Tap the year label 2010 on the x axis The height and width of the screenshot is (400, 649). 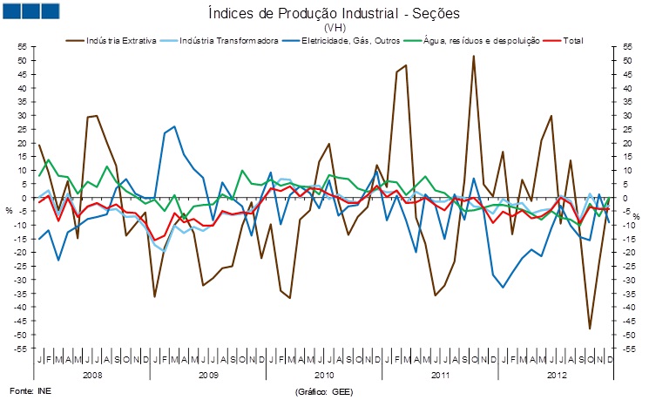[323, 375]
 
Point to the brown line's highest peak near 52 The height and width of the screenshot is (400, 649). [473, 57]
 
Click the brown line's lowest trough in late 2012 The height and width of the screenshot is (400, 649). [589, 329]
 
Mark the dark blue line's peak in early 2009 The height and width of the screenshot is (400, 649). [174, 126]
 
